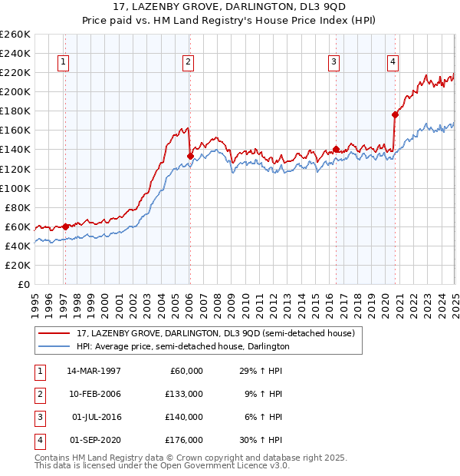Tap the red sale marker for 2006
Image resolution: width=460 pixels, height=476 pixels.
tap(190, 156)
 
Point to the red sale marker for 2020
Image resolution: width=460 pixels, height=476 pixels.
tap(395, 114)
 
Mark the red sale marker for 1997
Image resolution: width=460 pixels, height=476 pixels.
tap(65, 226)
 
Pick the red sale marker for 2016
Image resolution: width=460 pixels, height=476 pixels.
tap(336, 149)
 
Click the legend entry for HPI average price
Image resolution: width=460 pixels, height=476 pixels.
tap(182, 347)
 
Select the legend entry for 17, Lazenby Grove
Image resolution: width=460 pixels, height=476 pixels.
tap(215, 334)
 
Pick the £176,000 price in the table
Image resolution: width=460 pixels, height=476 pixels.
tap(185, 441)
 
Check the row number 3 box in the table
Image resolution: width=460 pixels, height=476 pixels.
tap(38, 418)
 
